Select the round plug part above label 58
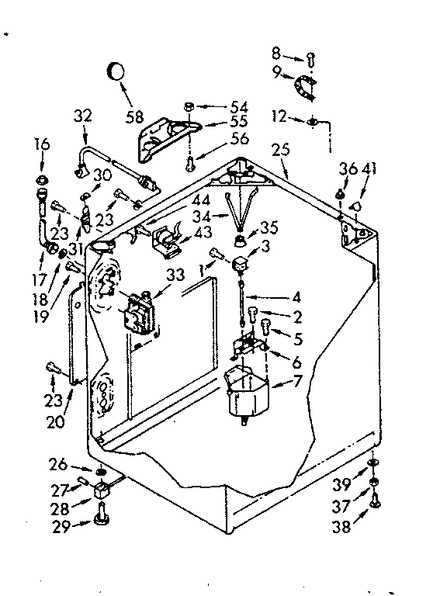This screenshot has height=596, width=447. tap(116, 71)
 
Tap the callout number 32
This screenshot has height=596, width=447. tap(82, 117)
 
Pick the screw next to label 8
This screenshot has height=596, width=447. tap(310, 57)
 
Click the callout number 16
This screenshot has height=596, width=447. tap(41, 144)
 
